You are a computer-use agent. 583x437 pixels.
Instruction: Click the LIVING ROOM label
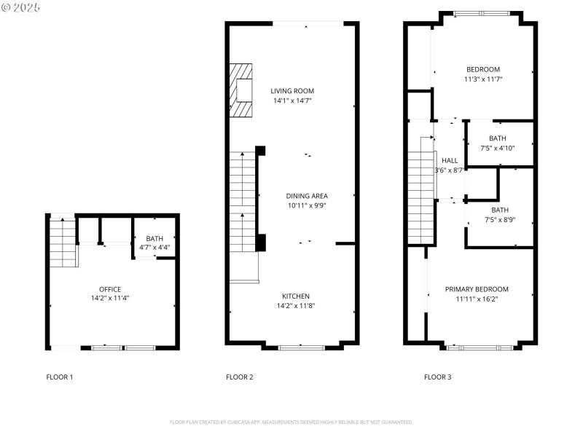292,91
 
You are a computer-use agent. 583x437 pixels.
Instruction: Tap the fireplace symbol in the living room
242,90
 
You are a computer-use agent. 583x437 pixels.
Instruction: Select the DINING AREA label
306,196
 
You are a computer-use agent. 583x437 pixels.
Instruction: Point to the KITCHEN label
296,296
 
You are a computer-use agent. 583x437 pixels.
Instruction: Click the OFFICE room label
110,289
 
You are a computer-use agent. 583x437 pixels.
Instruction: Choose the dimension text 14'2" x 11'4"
110,299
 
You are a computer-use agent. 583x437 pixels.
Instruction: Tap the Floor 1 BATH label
154,238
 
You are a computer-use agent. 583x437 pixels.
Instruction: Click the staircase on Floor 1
63,242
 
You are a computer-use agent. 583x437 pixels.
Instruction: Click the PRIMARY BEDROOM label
477,289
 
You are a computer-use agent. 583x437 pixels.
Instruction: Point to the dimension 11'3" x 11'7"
483,79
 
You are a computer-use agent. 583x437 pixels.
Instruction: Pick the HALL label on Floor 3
450,160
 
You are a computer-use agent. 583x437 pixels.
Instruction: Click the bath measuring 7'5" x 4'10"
498,143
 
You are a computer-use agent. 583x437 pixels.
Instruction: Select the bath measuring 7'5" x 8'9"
500,214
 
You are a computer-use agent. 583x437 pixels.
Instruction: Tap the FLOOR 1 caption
60,377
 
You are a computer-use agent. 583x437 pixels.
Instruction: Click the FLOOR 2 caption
240,377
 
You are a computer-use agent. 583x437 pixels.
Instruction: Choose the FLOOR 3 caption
437,377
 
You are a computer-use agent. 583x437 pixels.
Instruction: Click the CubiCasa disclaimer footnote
291,422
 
